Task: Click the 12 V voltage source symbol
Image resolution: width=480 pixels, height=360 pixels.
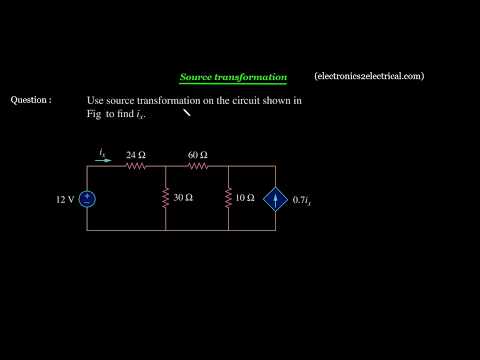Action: tap(87, 199)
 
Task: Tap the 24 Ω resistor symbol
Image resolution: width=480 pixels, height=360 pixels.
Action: tap(136, 168)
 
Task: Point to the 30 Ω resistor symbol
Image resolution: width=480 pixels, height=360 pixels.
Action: tap(165, 199)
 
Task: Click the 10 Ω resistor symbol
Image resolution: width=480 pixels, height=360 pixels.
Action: tap(229, 199)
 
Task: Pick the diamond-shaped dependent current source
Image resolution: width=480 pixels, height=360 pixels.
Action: tap(275, 199)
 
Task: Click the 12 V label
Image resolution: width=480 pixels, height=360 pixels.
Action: tap(65, 200)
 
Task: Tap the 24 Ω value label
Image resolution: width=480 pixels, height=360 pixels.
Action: tap(136, 155)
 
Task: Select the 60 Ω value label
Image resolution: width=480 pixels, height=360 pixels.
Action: tap(197, 155)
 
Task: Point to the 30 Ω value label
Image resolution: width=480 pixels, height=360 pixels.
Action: tap(183, 199)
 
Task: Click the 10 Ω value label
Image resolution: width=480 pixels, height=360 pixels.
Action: tap(246, 199)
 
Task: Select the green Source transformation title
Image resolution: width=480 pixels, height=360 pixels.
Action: tap(233, 77)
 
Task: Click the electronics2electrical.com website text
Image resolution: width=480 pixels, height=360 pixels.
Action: tap(368, 76)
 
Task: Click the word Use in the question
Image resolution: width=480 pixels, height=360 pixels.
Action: tap(96, 101)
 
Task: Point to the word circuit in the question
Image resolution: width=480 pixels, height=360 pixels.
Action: tap(238, 101)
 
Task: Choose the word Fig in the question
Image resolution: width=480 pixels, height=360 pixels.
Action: tap(94, 115)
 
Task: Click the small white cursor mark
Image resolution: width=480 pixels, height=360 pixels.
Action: tap(186, 113)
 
